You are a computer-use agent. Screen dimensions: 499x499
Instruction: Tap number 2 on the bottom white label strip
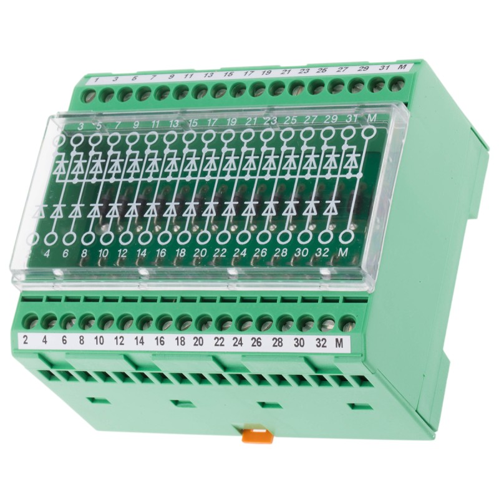pyautogui.click(x=26, y=341)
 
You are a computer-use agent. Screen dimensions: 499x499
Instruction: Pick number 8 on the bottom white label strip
pyautogui.click(x=82, y=341)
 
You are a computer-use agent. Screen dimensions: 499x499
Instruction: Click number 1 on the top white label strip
pyautogui.click(x=97, y=80)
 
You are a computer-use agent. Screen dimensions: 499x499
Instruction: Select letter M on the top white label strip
pyautogui.click(x=403, y=67)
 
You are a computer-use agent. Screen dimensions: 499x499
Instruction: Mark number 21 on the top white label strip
pyautogui.click(x=286, y=72)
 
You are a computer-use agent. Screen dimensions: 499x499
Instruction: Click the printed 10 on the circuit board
pyautogui.click(x=103, y=254)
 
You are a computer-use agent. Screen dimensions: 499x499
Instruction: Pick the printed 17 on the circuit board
pyautogui.click(x=213, y=122)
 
